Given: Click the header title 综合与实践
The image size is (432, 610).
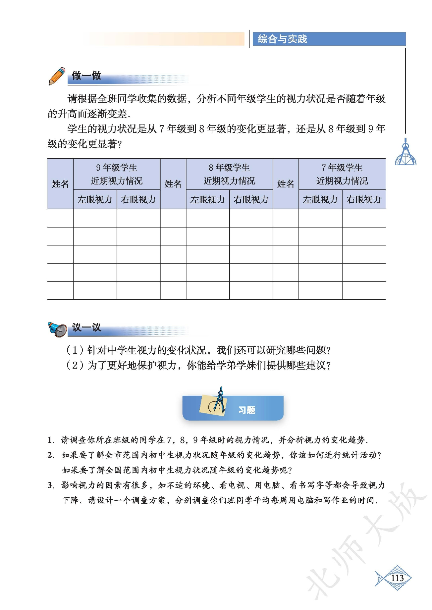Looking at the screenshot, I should pyautogui.click(x=282, y=39).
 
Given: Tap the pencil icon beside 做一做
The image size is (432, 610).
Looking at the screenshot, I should pyautogui.click(x=57, y=76).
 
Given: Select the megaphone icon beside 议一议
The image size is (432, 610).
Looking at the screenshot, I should pyautogui.click(x=57, y=329).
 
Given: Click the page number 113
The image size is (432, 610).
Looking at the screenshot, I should pyautogui.click(x=397, y=578).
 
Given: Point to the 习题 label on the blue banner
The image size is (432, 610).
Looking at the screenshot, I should pyautogui.click(x=247, y=410).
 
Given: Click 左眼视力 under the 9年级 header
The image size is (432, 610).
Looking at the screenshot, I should pyautogui.click(x=95, y=200).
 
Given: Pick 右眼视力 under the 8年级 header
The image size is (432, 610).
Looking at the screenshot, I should pyautogui.click(x=251, y=200).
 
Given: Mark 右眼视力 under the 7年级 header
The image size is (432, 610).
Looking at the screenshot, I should pyautogui.click(x=364, y=200).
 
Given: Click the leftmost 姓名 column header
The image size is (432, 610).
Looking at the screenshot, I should pyautogui.click(x=60, y=184).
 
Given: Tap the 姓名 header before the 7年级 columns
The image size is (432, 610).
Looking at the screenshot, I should pyautogui.click(x=286, y=184).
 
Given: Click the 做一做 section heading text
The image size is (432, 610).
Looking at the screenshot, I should pyautogui.click(x=86, y=76).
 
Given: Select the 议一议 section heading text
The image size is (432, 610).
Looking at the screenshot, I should pyautogui.click(x=86, y=328).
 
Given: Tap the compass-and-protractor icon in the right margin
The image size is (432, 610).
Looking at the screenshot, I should pyautogui.click(x=405, y=154).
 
